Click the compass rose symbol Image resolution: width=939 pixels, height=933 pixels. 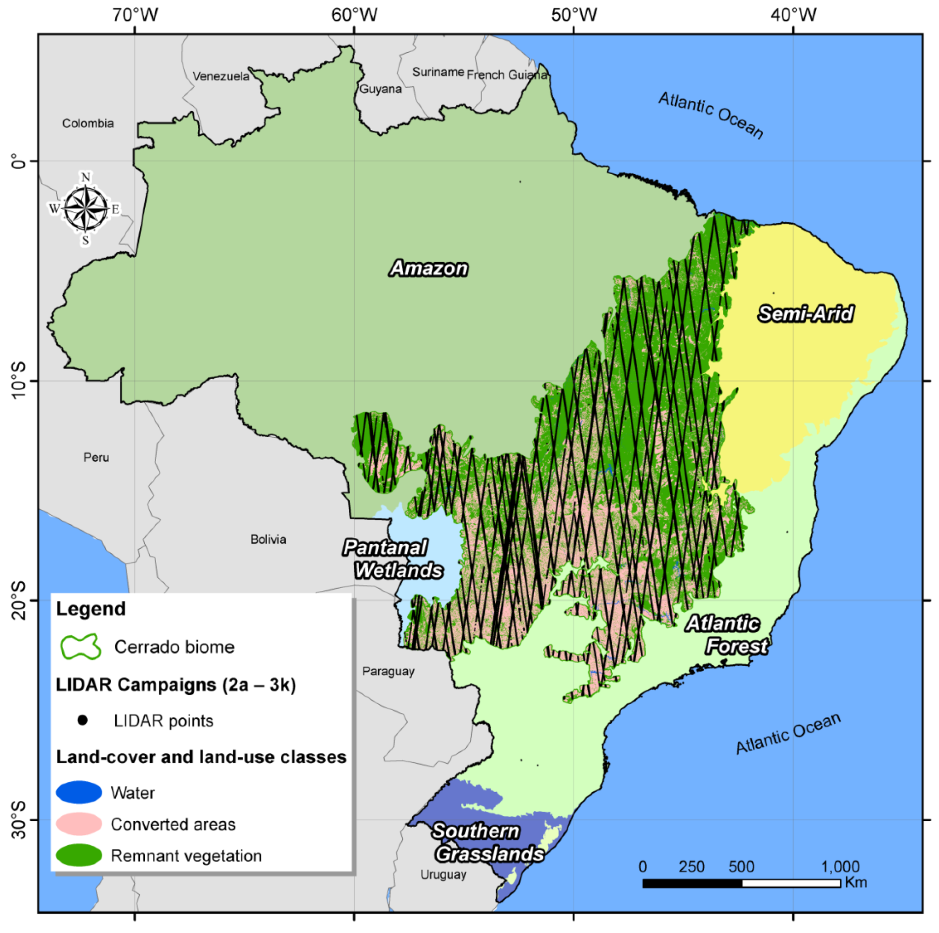point(85,209)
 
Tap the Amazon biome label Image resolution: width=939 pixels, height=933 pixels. point(429,268)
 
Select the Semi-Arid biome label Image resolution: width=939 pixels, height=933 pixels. point(805,314)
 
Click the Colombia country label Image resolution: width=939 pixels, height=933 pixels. point(88,123)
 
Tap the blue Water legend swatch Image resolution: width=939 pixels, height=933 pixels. point(79,793)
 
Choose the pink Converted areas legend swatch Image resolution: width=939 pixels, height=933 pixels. point(79,824)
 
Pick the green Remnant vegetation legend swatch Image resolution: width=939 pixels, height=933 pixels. point(79,855)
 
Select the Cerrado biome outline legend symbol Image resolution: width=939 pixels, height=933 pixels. point(80,647)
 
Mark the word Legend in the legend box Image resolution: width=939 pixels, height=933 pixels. point(91,609)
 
